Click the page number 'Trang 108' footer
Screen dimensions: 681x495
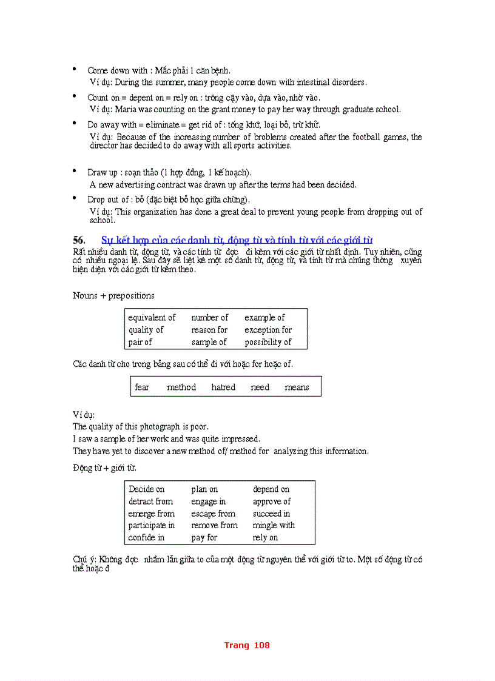[x=247, y=645]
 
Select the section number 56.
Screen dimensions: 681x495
[x=79, y=240]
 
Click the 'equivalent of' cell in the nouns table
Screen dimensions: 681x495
[x=152, y=318]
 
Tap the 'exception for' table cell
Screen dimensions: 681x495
[x=268, y=330]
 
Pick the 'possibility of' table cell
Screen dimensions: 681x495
[x=268, y=342]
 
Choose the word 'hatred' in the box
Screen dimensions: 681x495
[x=223, y=387]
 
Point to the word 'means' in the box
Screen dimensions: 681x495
[x=297, y=387]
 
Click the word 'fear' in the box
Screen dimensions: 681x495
[x=142, y=387]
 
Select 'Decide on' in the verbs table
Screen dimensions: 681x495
[x=146, y=489]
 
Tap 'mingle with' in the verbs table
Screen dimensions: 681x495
[x=274, y=525]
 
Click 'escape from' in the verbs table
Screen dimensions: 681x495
[x=213, y=514]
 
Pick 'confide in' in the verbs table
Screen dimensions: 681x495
[x=146, y=537]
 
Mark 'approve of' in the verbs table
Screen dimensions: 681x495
[x=272, y=502]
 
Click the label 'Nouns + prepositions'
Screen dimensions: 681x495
[x=113, y=296]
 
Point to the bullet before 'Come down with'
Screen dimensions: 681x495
[x=75, y=70]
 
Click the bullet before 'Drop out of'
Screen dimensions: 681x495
[x=75, y=198]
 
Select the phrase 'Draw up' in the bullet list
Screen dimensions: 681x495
[x=103, y=173]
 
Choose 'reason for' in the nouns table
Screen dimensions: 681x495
[x=209, y=330]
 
